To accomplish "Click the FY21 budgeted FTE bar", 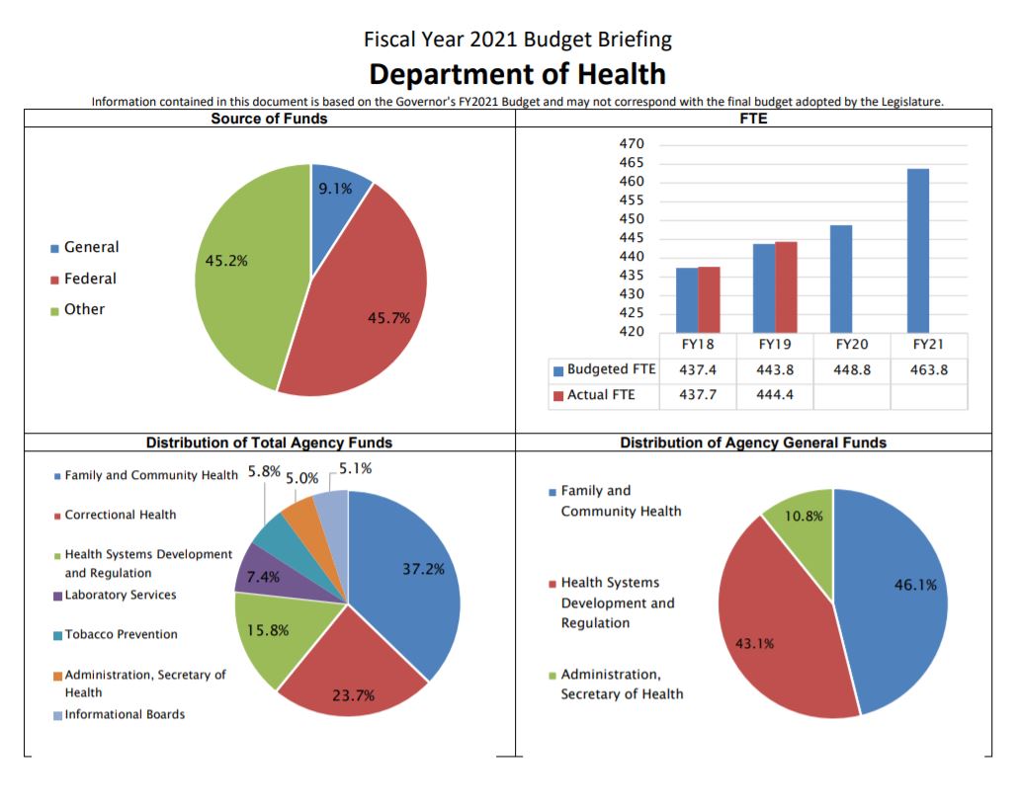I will pos(917,251).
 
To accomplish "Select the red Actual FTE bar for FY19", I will pos(786,286).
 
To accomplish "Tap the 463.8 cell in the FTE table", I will pos(929,369).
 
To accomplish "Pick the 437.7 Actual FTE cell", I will pos(698,395).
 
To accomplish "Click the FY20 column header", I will pos(852,345).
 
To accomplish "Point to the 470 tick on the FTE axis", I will pos(632,144).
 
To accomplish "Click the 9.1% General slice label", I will pos(336,189).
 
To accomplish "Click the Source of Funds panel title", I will pos(269,119).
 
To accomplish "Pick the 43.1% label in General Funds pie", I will pos(754,644).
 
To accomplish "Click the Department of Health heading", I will pos(517,74).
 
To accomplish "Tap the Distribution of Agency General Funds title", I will pos(753,443).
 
